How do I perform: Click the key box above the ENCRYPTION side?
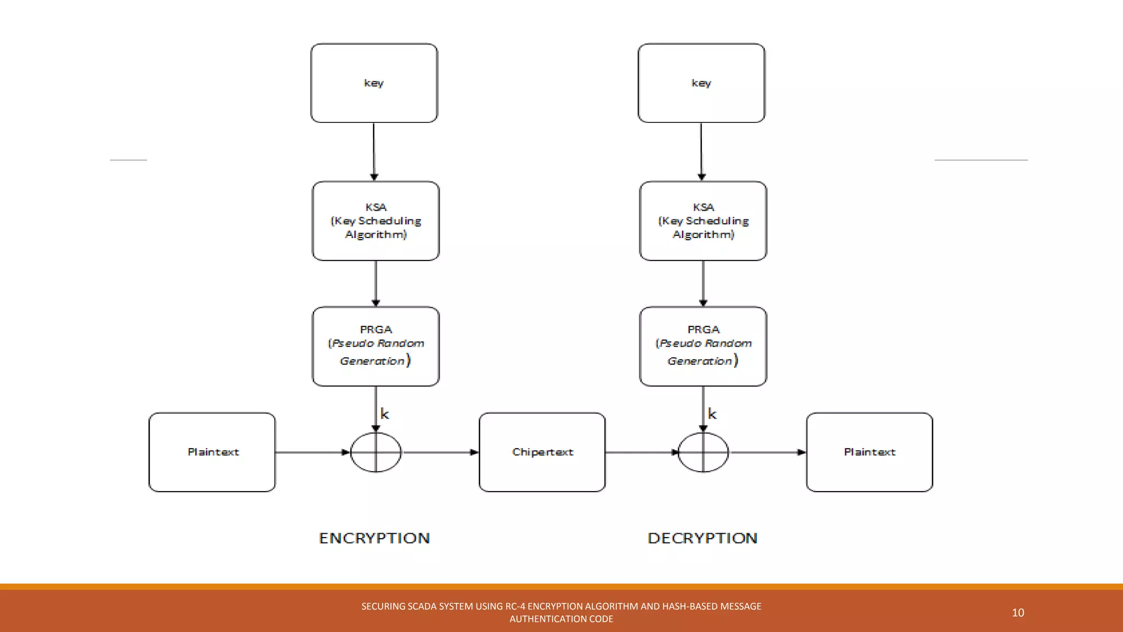coord(374,83)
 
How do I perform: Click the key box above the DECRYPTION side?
coord(701,83)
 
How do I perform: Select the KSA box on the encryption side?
coord(376,221)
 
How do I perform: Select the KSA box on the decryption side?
coord(703,221)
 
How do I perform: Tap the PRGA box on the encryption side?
coord(376,346)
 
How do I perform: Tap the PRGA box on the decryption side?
coord(703,346)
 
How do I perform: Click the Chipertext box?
coord(542,452)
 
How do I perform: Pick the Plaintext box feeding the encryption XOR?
coord(212,452)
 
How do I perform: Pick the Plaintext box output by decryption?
coord(869,452)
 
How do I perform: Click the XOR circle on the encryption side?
coord(376,452)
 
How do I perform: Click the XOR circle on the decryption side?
coord(703,452)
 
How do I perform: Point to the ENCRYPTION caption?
coord(375,538)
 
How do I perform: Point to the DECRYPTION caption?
coord(702,538)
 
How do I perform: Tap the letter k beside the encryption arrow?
coord(384,414)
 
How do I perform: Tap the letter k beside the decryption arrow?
coord(712,414)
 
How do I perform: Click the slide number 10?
coord(1018,613)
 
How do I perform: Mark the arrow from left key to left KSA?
coord(374,151)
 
